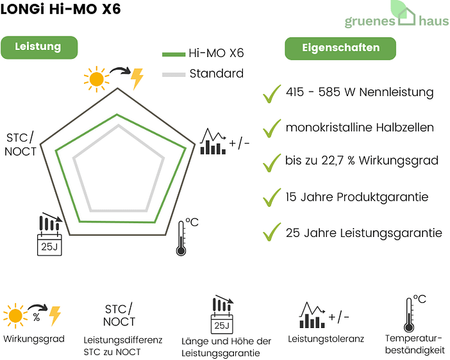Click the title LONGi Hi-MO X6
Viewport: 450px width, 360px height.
coord(60,10)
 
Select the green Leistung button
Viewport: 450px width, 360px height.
coord(39,47)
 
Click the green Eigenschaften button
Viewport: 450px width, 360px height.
coord(340,48)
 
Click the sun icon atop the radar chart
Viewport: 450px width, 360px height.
coord(97,78)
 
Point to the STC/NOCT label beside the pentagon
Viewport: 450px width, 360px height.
coord(21,145)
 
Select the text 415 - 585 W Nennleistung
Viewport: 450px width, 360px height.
coord(360,92)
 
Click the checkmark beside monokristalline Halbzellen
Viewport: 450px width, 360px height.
coord(272,127)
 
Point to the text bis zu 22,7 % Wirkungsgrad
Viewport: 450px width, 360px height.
coord(362,161)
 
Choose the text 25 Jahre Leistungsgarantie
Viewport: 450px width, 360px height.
coord(363,233)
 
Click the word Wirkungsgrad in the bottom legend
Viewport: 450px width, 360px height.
coord(34,339)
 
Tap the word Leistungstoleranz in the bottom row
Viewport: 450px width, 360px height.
coord(326,338)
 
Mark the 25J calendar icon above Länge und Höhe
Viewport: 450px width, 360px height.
coord(222,315)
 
